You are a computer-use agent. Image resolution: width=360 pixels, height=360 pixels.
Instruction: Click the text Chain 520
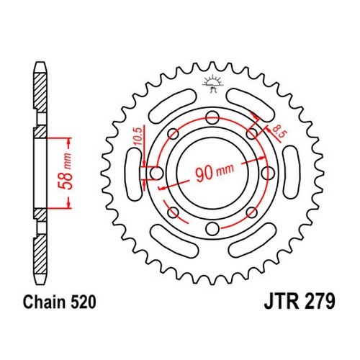[x=59, y=302]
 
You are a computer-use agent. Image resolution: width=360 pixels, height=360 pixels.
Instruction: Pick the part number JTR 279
[x=300, y=302]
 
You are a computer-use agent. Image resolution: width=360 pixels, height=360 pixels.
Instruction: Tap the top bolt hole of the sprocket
[x=212, y=117]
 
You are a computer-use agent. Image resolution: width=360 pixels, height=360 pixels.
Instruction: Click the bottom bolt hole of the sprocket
[x=212, y=228]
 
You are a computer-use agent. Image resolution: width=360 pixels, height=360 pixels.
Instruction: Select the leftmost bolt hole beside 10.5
[x=156, y=173]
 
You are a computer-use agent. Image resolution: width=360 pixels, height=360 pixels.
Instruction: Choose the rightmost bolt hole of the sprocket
[x=268, y=173]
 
